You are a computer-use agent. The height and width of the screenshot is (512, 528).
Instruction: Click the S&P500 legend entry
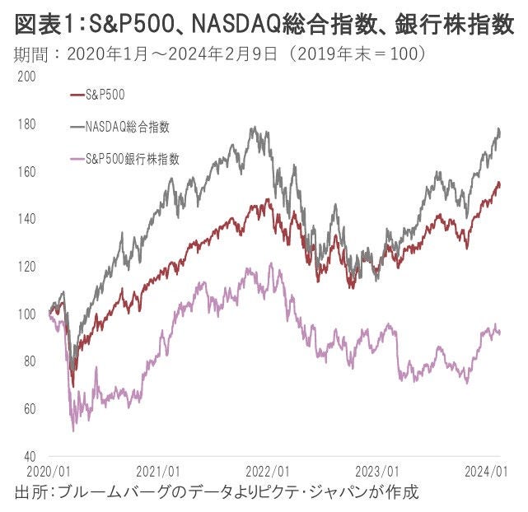[105, 95]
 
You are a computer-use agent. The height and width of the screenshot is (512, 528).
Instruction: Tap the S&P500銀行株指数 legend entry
[132, 159]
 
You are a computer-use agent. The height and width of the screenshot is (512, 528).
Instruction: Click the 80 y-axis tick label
[30, 361]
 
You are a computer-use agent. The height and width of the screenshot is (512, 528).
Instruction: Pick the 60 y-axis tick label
[30, 409]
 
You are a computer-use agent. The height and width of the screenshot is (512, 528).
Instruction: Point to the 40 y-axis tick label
[30, 456]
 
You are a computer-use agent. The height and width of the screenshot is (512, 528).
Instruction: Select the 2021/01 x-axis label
[158, 472]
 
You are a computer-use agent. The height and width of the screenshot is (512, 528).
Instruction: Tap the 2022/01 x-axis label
[268, 472]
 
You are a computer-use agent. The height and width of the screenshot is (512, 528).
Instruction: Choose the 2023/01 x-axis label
[376, 472]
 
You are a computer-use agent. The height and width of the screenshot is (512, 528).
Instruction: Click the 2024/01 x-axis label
[486, 472]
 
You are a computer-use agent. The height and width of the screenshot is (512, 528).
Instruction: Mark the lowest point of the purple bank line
[73, 431]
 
